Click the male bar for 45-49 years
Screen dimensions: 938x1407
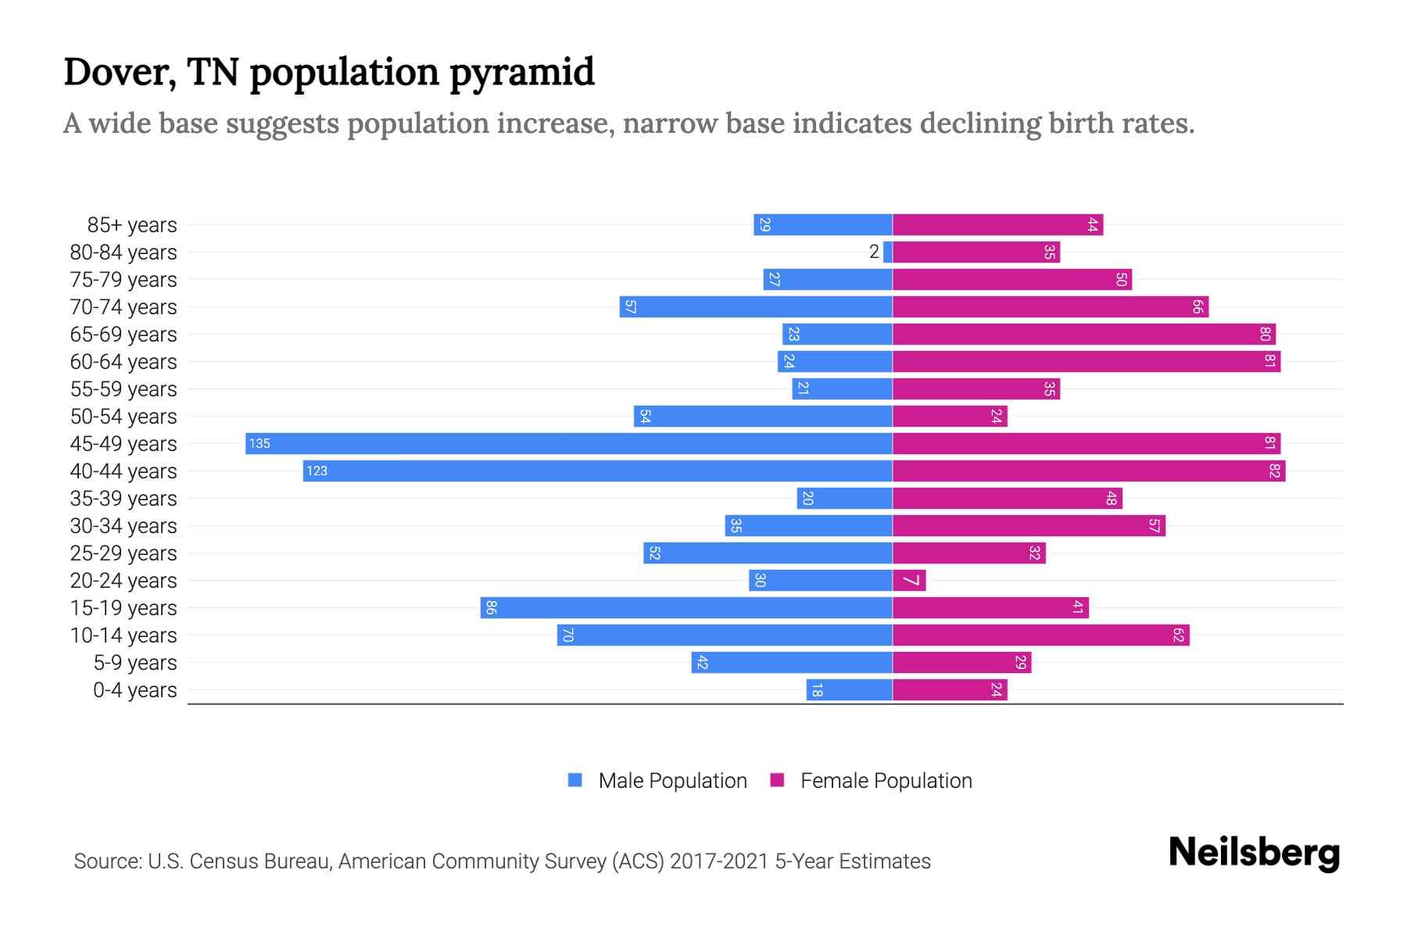click(x=569, y=443)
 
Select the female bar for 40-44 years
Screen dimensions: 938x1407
click(x=1088, y=471)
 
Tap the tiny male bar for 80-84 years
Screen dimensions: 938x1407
click(x=888, y=252)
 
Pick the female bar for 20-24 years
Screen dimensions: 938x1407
click(x=909, y=580)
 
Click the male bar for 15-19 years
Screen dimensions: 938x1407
click(x=686, y=607)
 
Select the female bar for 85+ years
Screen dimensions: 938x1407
click(x=997, y=224)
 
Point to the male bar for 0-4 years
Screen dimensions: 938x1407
click(x=850, y=689)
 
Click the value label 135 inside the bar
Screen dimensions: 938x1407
click(x=260, y=443)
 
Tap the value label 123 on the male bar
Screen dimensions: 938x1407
click(x=317, y=471)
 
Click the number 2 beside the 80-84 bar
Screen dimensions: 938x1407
click(x=874, y=252)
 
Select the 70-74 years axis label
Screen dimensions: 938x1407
click(x=124, y=306)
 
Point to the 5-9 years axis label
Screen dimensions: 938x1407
click(x=135, y=662)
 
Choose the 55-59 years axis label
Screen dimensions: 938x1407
click(x=124, y=388)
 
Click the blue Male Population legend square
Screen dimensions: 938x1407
click(x=575, y=780)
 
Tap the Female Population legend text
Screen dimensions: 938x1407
click(x=886, y=780)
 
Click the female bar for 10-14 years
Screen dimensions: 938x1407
click(x=1040, y=635)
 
